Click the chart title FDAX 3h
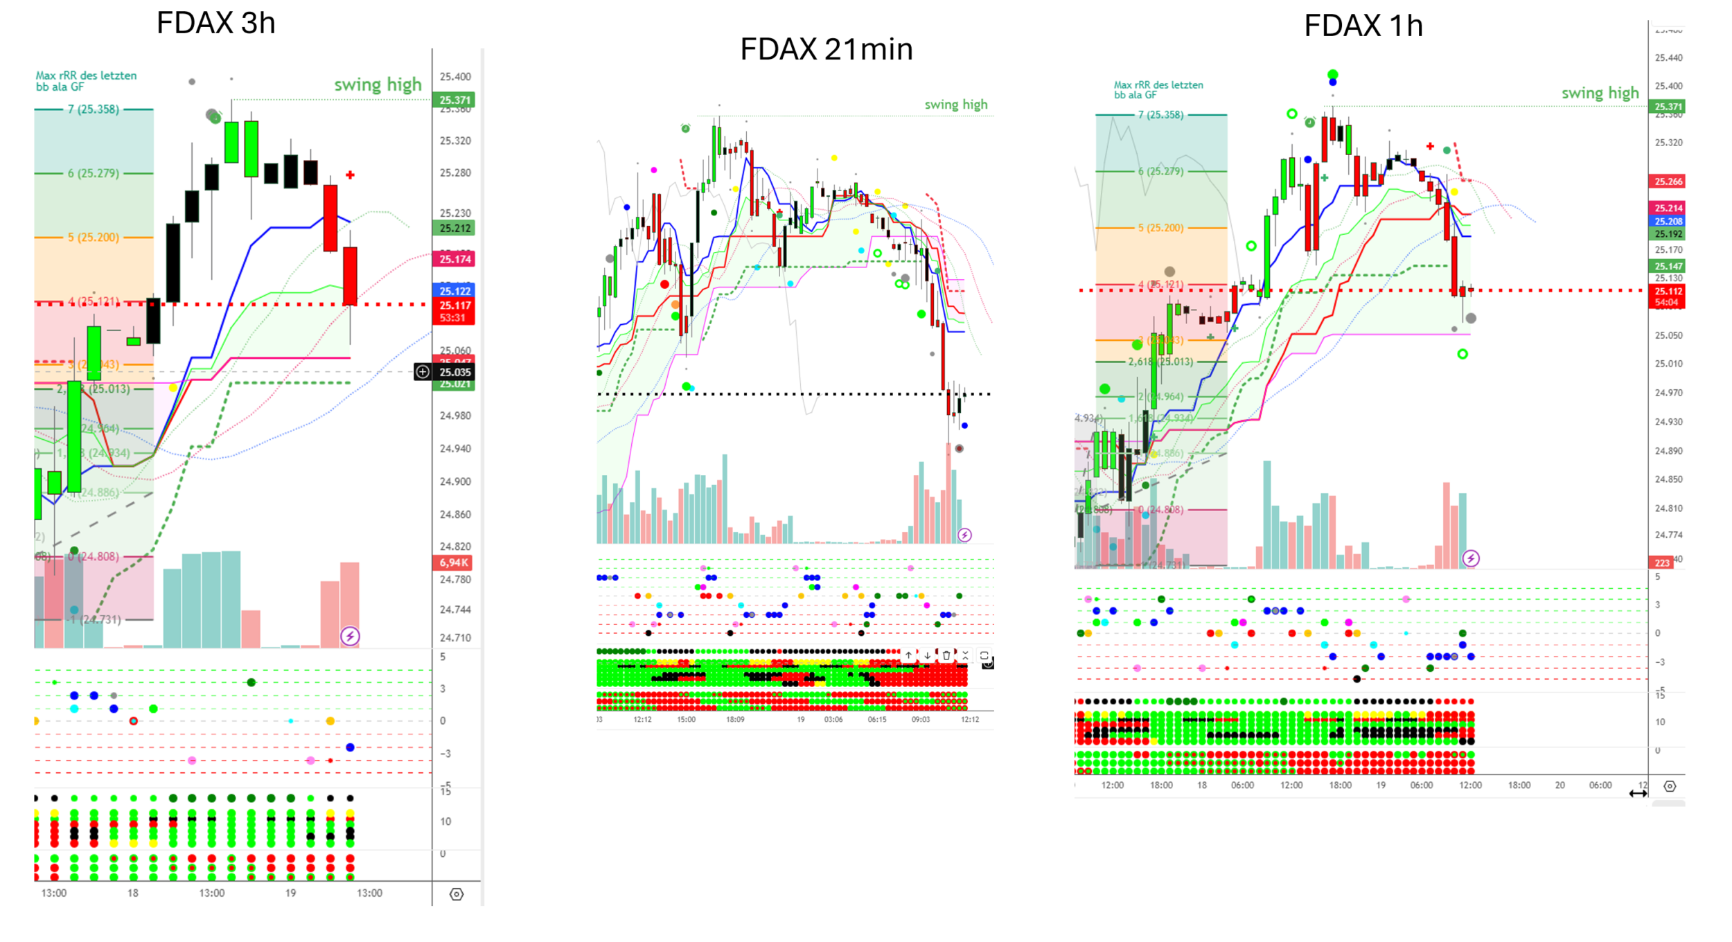coord(215,24)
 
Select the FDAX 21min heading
coord(826,50)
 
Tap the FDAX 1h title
coord(1363,26)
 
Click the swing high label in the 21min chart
coord(955,105)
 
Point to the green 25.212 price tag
coord(454,228)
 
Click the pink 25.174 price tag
coord(454,259)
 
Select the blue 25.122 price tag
coord(454,291)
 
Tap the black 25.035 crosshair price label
coord(454,372)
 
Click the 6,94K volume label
coord(454,562)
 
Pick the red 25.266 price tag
coord(1668,181)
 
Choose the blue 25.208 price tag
coord(1668,222)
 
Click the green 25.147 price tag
coord(1668,266)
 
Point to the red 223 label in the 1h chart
coord(1661,562)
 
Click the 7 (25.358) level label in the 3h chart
coord(94,109)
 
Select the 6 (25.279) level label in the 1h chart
coord(1160,171)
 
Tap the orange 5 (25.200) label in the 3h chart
coord(94,238)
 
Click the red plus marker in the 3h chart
coord(350,175)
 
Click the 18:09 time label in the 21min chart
coord(735,720)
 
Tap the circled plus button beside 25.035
coord(423,372)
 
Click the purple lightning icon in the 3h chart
coord(350,636)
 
